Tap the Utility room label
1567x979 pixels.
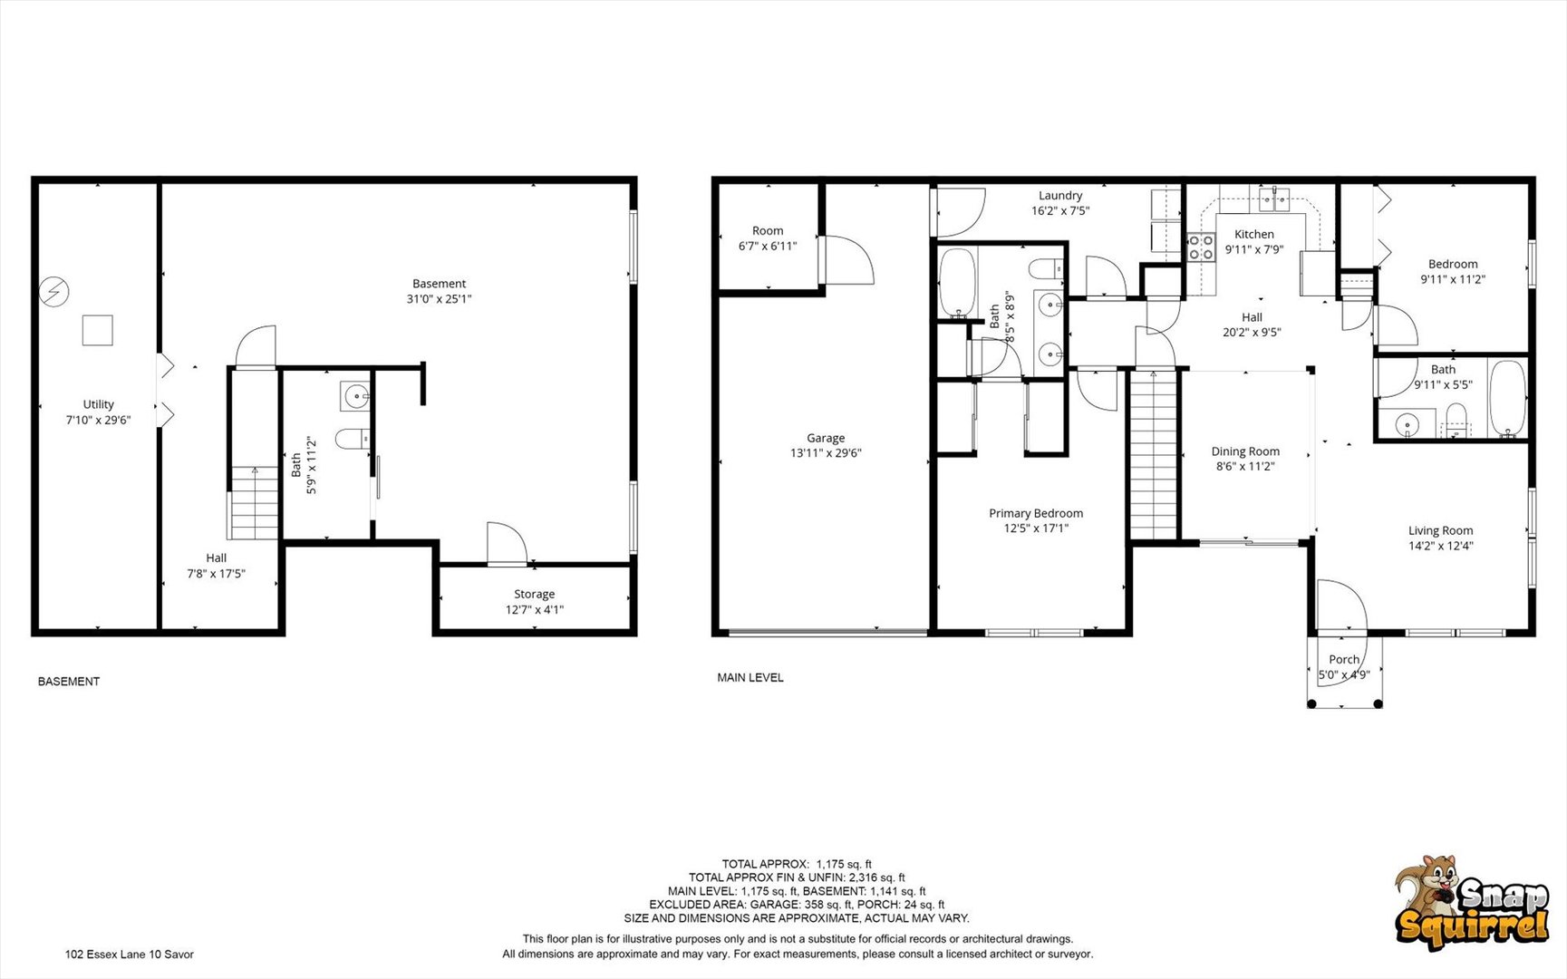[x=99, y=404]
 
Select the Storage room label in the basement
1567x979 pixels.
[x=534, y=594]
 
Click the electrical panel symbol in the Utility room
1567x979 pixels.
[x=54, y=292]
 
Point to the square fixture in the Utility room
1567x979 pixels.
[x=98, y=330]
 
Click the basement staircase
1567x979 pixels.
[x=254, y=502]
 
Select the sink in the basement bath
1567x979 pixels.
[x=355, y=396]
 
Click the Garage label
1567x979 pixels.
[x=826, y=438]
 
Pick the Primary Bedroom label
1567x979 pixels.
[x=1036, y=513]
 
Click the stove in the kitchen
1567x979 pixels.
[x=1202, y=247]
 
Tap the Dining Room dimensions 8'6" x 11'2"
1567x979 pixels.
[x=1245, y=467]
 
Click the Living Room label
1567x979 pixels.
[x=1440, y=530]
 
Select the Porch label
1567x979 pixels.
[x=1344, y=659]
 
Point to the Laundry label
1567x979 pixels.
[x=1060, y=195]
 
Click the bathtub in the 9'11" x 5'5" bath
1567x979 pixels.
[x=1507, y=399]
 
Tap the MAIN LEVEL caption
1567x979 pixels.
[x=750, y=677]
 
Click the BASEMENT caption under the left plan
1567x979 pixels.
[x=69, y=681]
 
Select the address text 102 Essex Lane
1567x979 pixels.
[x=106, y=954]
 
